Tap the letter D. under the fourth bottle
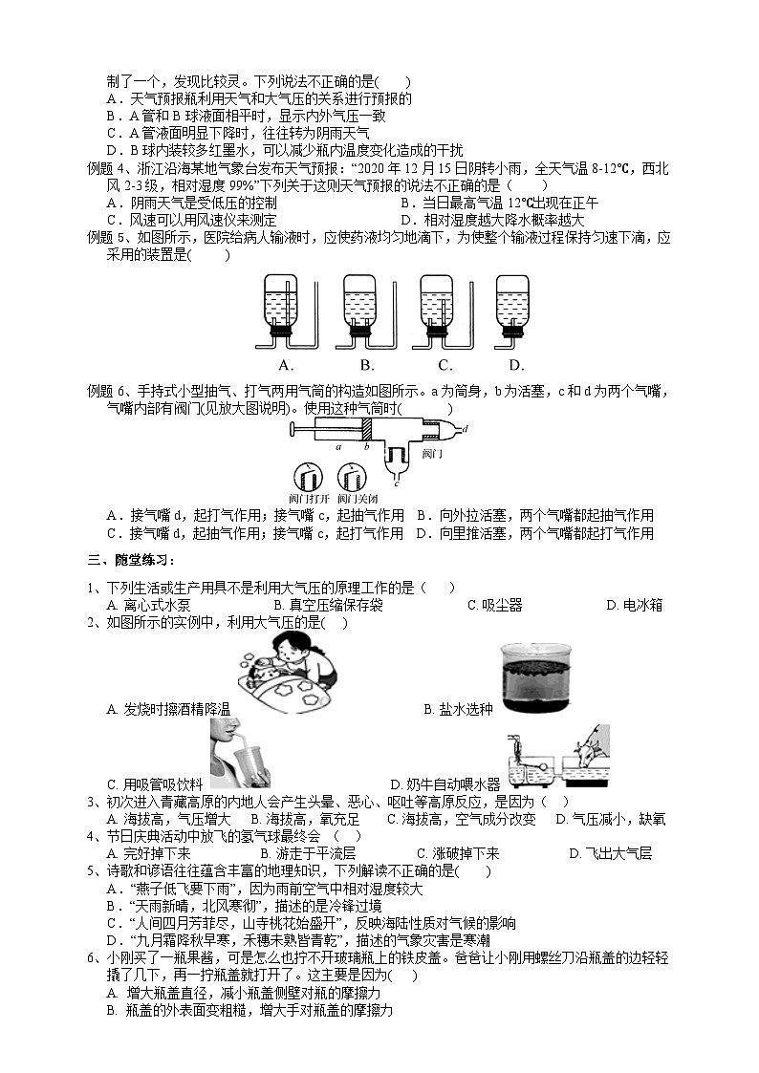516,365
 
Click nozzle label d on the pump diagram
464,430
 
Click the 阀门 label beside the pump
432,453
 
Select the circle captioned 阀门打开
308,479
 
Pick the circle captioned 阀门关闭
352,479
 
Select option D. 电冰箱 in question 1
634,605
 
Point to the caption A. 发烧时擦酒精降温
168,709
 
